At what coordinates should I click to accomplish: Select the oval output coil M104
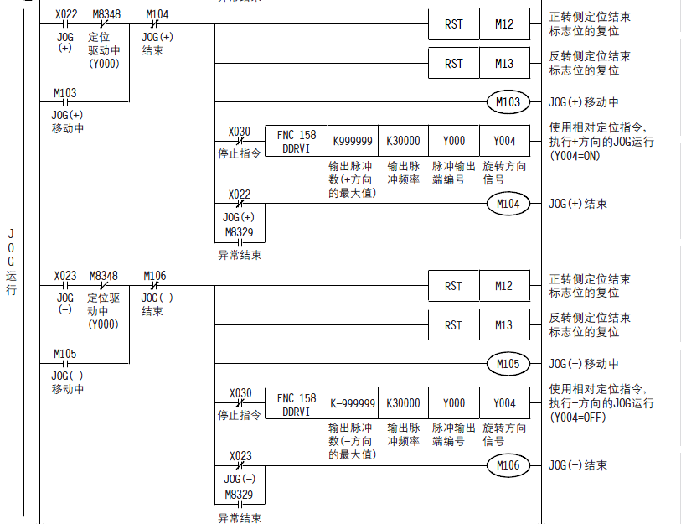coord(508,204)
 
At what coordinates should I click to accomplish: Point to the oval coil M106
coord(508,465)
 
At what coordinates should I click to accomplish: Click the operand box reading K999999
coord(353,142)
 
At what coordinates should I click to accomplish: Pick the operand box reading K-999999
coord(353,403)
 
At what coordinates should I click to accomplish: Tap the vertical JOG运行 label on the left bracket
coord(11,261)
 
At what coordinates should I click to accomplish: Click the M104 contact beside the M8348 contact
coord(157,24)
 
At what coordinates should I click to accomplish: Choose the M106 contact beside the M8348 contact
coord(157,286)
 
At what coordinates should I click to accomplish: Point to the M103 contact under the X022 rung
coord(64,102)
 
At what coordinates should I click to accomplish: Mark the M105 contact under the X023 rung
coord(64,364)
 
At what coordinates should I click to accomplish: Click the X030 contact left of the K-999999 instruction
coord(240,403)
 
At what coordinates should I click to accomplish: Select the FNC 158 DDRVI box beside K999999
coord(297,142)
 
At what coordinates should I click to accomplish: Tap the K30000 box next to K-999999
coord(403,403)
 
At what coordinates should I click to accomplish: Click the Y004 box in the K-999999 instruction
coord(504,403)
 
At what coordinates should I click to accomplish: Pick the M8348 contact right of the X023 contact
coord(105,286)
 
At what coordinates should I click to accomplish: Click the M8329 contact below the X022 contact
coord(240,242)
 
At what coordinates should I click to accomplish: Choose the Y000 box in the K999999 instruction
coord(454,142)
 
